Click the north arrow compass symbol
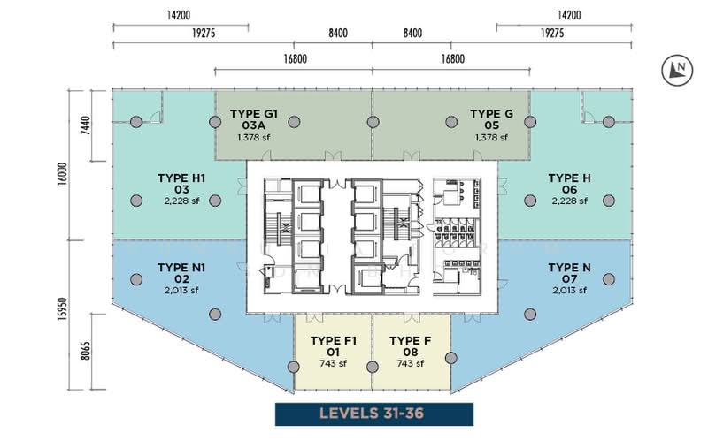[x=677, y=71]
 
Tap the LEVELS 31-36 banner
[x=374, y=414]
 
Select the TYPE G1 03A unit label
[x=254, y=120]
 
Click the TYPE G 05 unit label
[x=491, y=120]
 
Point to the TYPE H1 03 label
[x=181, y=184]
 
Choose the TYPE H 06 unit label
[x=569, y=184]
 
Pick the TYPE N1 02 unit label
[x=181, y=273]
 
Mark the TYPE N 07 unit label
[x=569, y=273]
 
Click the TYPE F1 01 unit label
[x=334, y=346]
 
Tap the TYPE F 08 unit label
[x=411, y=346]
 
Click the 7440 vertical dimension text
[x=85, y=125]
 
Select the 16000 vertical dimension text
[x=62, y=173]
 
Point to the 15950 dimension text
[x=62, y=309]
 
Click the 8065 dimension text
[x=85, y=352]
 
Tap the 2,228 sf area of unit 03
[x=181, y=201]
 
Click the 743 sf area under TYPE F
[x=411, y=364]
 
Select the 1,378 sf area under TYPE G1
[x=254, y=138]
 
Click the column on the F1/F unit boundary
[x=373, y=367]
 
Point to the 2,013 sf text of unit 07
[x=569, y=291]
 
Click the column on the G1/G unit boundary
[x=373, y=122]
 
